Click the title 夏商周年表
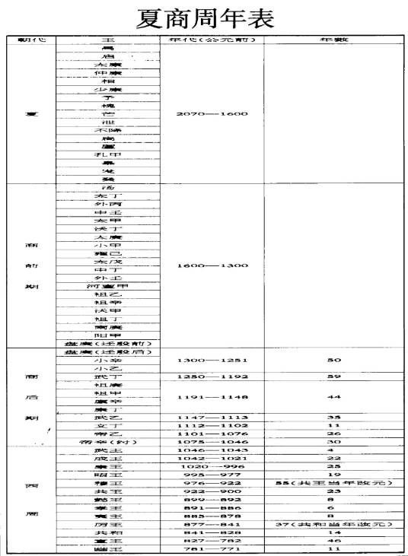click(204, 17)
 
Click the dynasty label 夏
click(31, 114)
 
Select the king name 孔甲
click(107, 155)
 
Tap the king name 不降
click(107, 130)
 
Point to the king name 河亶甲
click(107, 286)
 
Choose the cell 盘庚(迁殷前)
click(107, 342)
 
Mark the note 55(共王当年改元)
click(333, 482)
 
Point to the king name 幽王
click(107, 549)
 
